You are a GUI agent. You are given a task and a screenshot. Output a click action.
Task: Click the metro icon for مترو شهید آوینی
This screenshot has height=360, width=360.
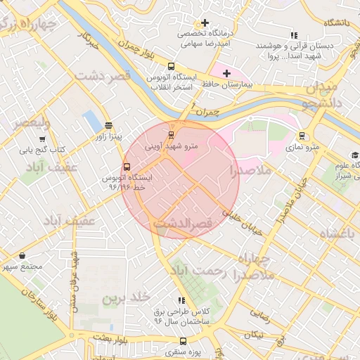pos(171,135)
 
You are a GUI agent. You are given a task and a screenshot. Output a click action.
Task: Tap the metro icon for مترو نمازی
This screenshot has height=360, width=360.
pos(302,136)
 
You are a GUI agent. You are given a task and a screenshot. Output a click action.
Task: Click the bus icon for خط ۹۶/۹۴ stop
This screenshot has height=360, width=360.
pos(127,167)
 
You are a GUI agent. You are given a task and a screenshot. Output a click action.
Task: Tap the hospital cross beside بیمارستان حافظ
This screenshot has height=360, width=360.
pos(227,73)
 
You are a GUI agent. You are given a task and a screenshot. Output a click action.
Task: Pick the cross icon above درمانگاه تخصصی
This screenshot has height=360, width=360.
pos(205,23)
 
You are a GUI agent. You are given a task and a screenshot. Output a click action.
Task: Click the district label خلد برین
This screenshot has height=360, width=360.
pos(127,297)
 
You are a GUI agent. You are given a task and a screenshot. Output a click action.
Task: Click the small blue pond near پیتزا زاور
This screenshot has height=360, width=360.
pos(91,121)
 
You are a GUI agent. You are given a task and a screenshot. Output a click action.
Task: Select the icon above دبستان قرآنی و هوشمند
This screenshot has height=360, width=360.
pos(294,35)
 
